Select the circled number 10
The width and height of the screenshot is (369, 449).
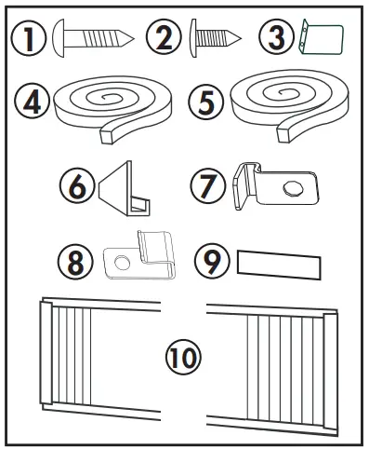point(182,356)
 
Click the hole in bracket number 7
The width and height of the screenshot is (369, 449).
point(290,189)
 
